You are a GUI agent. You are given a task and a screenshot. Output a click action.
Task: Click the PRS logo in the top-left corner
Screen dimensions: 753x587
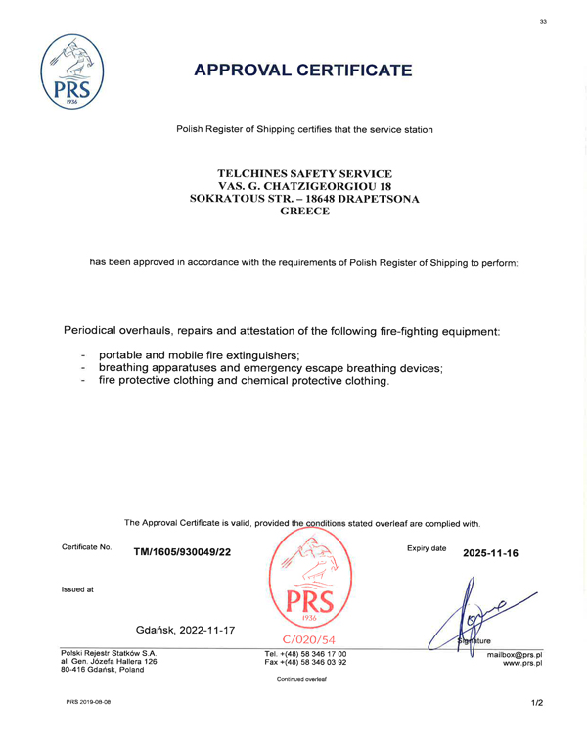(72, 74)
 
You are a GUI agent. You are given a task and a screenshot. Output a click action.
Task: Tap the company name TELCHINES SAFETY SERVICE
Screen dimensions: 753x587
(304, 173)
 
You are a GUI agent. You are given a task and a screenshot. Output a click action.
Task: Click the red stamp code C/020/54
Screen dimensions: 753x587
(305, 638)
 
